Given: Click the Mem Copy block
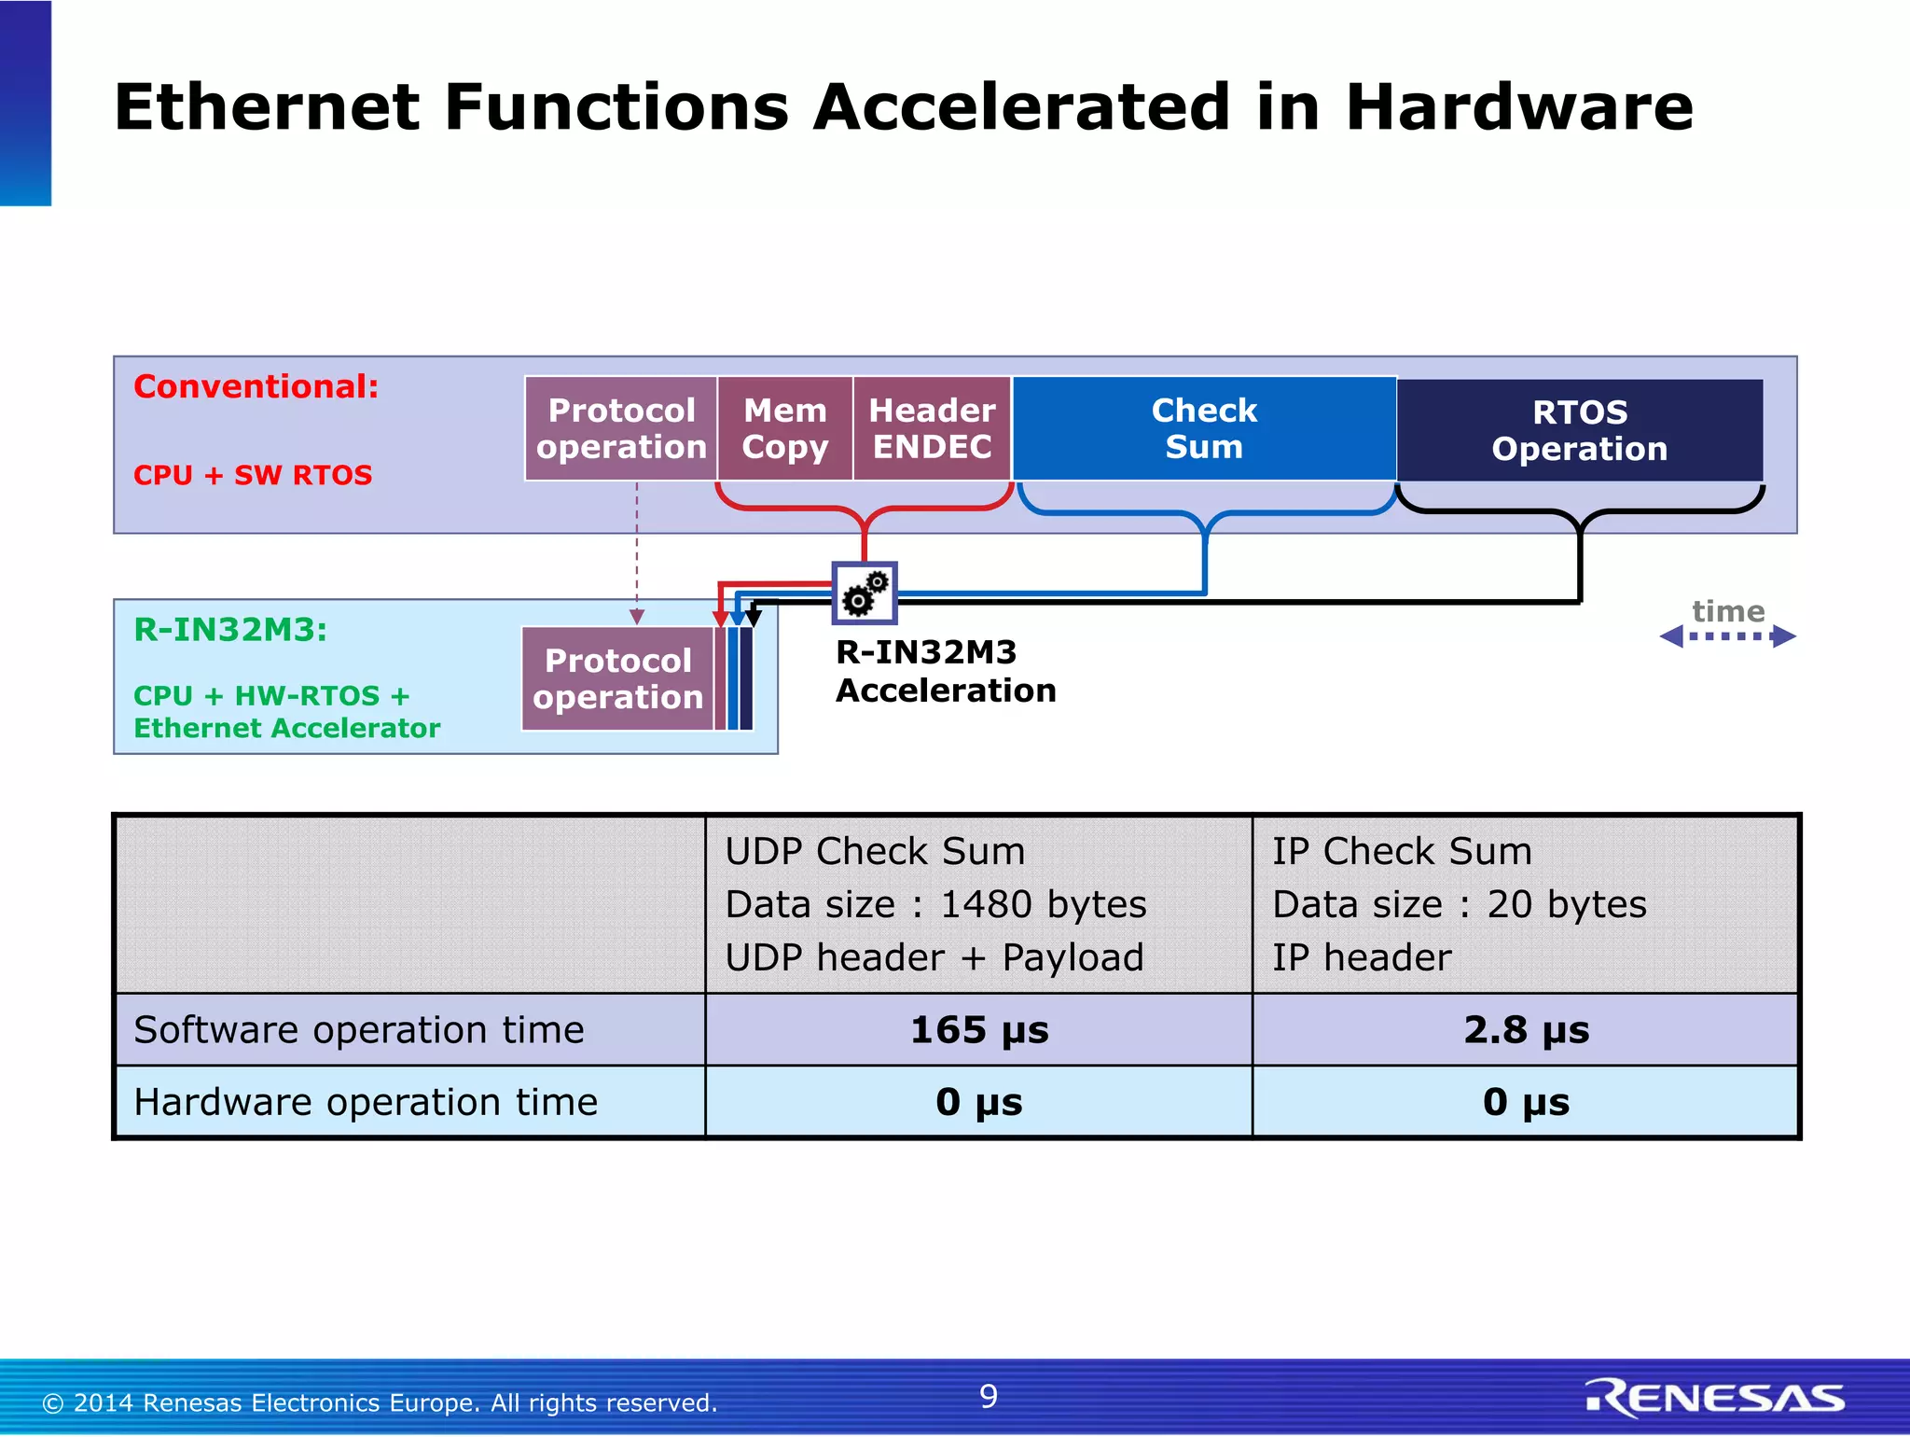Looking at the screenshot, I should pos(784,428).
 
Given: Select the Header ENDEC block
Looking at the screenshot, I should pos(932,428).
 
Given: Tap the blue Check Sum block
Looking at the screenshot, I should pos(1204,428).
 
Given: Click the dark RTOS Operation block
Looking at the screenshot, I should pos(1579,430).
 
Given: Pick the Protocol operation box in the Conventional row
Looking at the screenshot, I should pos(621,428).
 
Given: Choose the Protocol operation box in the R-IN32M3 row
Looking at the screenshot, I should pos(617,678).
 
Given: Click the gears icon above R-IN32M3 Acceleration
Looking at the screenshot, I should pos(865,593).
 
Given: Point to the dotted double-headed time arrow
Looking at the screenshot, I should pos(1727,636).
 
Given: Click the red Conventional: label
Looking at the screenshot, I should pos(256,386).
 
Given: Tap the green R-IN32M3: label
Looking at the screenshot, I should pos(231,630).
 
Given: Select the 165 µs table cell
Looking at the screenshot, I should pos(979,1030).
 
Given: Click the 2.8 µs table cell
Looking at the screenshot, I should pos(1526,1030).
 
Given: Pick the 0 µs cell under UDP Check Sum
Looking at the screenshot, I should pos(979,1102).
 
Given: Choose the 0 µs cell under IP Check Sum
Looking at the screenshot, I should pos(1526,1102).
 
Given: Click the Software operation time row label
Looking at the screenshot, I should pos(359,1030).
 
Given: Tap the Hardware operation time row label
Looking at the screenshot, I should pos(366,1102).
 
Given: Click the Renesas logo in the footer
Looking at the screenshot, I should pos(1714,1398).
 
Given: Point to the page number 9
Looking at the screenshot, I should pos(989,1396).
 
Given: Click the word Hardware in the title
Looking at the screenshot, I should pos(1518,106).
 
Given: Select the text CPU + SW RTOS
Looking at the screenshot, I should pos(253,475).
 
